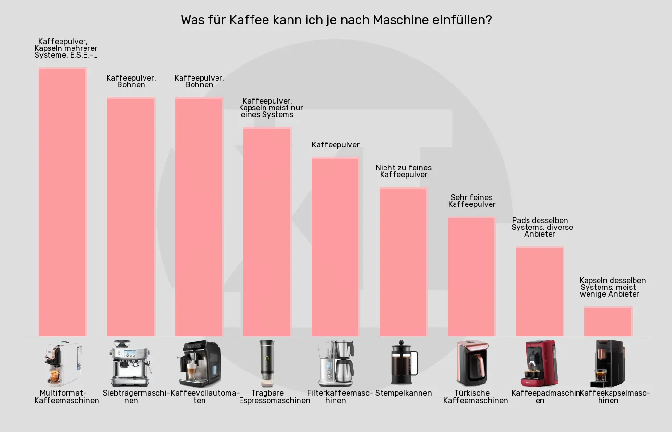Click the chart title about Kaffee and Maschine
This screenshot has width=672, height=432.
(x=336, y=20)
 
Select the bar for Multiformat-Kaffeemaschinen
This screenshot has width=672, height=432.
(x=62, y=202)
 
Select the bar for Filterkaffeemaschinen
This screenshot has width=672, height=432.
(x=336, y=247)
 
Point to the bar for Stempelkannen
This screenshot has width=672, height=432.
(x=404, y=262)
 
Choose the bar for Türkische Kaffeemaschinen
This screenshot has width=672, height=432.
(x=472, y=277)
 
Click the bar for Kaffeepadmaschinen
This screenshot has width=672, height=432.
(x=540, y=292)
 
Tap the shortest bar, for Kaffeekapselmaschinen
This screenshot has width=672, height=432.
(x=608, y=322)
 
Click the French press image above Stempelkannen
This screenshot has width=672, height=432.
(x=404, y=363)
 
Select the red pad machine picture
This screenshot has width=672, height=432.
(x=540, y=363)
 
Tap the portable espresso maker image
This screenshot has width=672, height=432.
(x=267, y=363)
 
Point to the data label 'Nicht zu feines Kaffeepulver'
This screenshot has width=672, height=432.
(x=404, y=171)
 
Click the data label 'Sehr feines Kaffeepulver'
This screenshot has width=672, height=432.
(x=472, y=201)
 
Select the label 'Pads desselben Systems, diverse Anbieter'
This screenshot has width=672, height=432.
(x=541, y=228)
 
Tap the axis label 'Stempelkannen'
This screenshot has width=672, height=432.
(x=404, y=393)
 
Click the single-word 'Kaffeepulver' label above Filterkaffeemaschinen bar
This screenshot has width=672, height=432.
(x=336, y=145)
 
